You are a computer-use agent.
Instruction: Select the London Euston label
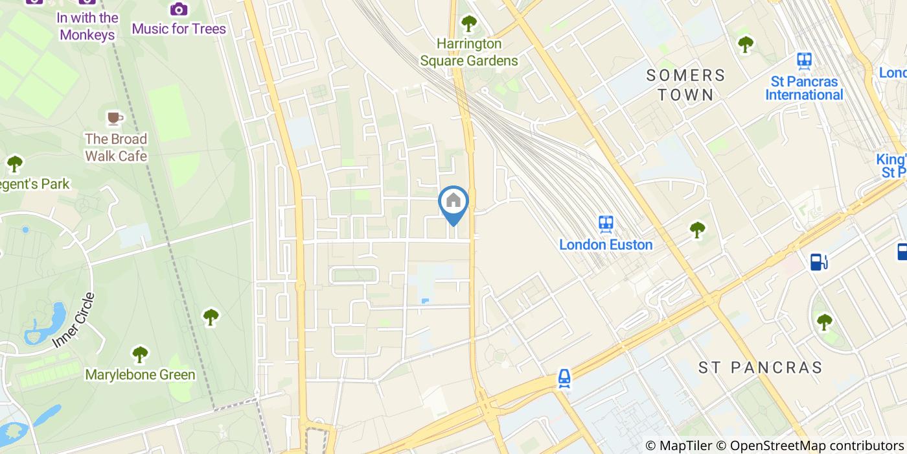coord(606,245)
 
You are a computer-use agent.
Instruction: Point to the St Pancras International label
coord(804,88)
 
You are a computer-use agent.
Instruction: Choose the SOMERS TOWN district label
coord(686,85)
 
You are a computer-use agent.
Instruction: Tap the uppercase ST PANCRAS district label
coord(760,368)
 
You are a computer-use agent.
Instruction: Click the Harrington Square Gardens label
coord(469,52)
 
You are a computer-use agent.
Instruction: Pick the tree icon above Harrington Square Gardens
coord(468,23)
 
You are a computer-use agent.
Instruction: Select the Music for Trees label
coord(179,29)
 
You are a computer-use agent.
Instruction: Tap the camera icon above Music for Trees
coord(179,9)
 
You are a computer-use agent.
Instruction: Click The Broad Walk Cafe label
coord(116,147)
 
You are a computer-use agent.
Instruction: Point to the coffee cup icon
coord(115,118)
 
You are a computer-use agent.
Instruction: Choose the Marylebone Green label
coord(140,374)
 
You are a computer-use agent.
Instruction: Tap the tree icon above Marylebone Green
coord(140,354)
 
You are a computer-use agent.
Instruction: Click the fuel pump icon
coord(819,261)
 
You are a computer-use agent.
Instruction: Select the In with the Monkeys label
coord(87,26)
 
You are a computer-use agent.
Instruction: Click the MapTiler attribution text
coord(678,446)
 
